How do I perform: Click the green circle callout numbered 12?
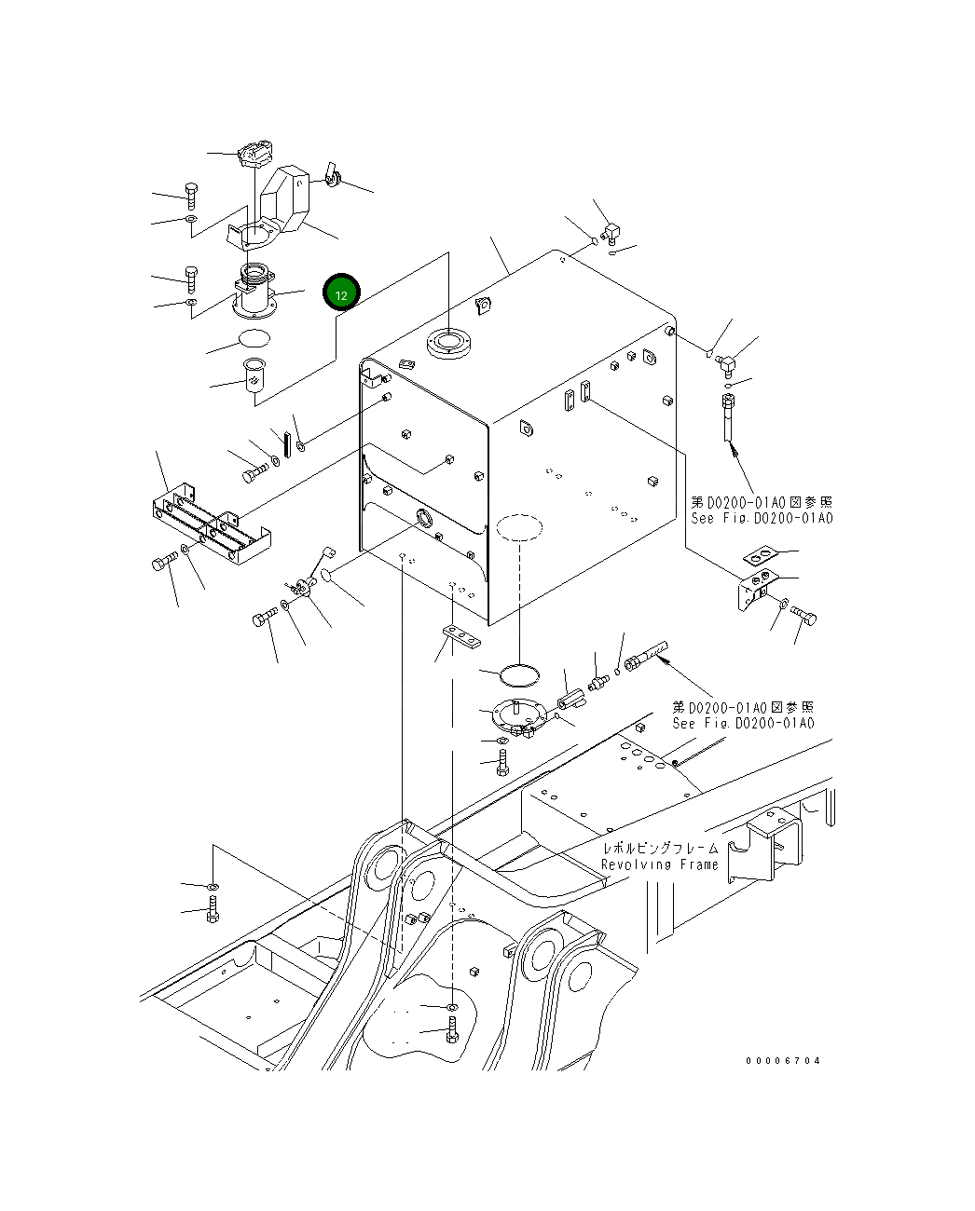pos(341,293)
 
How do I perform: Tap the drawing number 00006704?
pos(783,1061)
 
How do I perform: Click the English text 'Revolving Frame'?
pos(660,865)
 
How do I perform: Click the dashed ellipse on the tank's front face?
pos(518,527)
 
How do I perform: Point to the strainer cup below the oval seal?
pos(254,374)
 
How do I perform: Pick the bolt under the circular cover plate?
pos(502,762)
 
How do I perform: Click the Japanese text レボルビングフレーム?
pos(660,849)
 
